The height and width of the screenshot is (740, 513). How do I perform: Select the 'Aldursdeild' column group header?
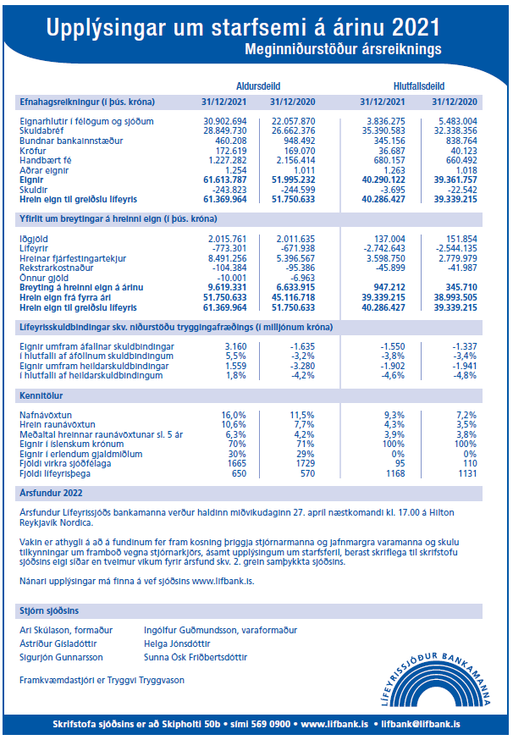pyautogui.click(x=260, y=86)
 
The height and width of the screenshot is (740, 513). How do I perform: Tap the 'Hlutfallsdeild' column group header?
pyautogui.click(x=419, y=86)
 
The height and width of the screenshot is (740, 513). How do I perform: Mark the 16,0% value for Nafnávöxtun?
pyautogui.click(x=233, y=414)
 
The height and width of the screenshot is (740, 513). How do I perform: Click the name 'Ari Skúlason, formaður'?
pyautogui.click(x=65, y=630)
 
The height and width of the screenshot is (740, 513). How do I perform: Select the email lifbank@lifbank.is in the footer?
pyautogui.click(x=420, y=724)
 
